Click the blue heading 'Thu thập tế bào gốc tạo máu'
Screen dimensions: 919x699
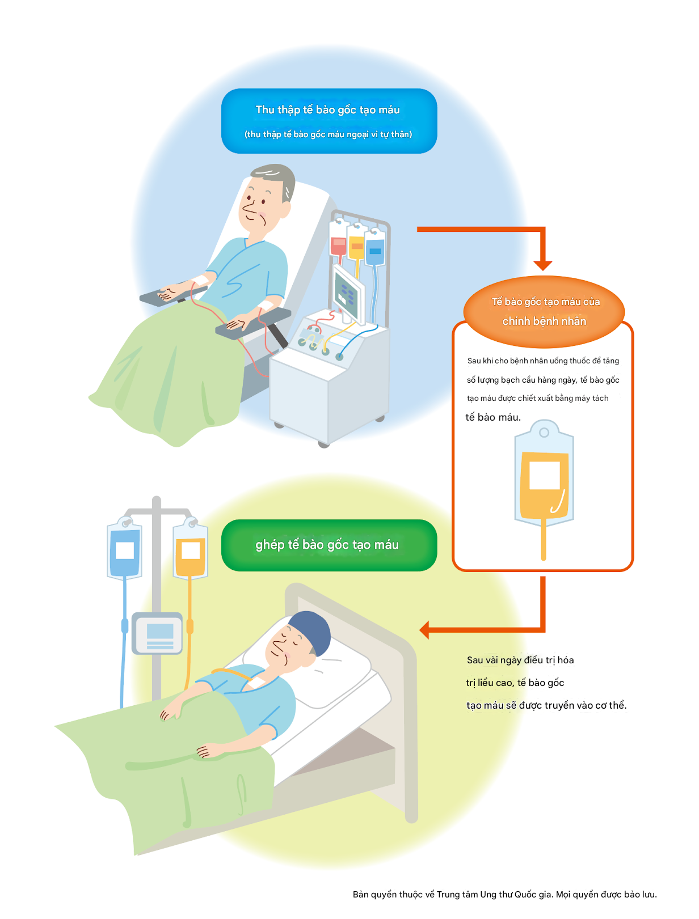(x=328, y=110)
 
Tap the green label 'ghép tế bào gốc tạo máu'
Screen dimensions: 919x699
(x=327, y=545)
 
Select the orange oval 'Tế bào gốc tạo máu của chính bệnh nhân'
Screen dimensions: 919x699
(x=544, y=311)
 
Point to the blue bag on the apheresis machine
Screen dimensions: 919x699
(x=375, y=250)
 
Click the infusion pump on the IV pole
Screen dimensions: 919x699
(x=158, y=633)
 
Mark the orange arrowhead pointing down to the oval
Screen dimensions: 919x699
(x=543, y=265)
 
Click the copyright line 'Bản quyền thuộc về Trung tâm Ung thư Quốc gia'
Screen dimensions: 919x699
(x=504, y=894)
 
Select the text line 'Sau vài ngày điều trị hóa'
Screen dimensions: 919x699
(x=520, y=660)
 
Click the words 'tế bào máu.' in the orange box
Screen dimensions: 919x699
(x=493, y=417)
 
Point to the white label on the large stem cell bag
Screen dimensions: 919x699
(x=545, y=475)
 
